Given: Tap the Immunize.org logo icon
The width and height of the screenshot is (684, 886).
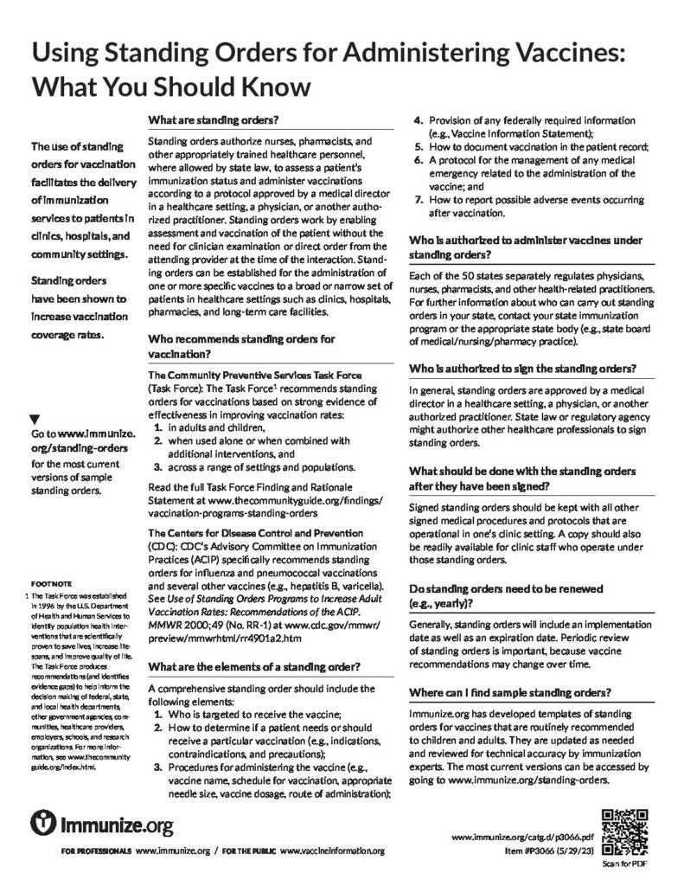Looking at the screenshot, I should pos(43,823).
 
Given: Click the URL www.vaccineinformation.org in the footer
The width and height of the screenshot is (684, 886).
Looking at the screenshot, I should pos(332,851).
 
